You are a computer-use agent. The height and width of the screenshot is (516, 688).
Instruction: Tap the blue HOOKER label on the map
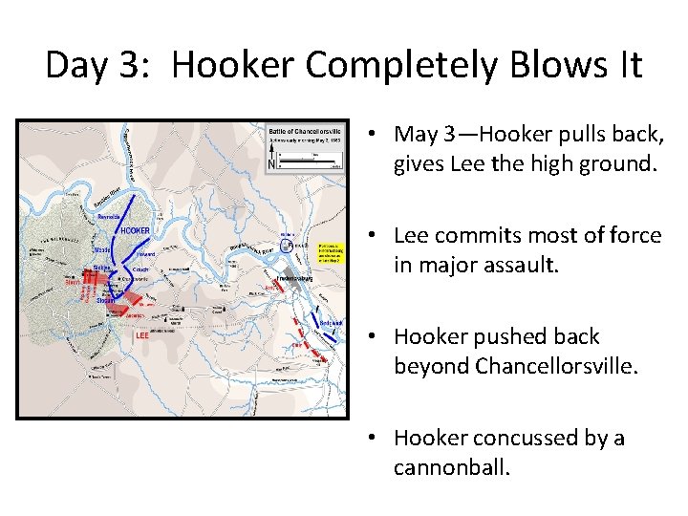pyautogui.click(x=134, y=231)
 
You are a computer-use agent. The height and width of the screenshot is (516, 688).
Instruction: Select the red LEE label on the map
pyautogui.click(x=142, y=335)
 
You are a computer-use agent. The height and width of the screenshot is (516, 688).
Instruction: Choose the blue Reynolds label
pyautogui.click(x=109, y=218)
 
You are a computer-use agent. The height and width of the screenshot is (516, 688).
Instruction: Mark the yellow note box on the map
pyautogui.click(x=330, y=252)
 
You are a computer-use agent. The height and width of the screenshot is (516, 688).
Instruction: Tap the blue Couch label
pyautogui.click(x=140, y=270)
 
